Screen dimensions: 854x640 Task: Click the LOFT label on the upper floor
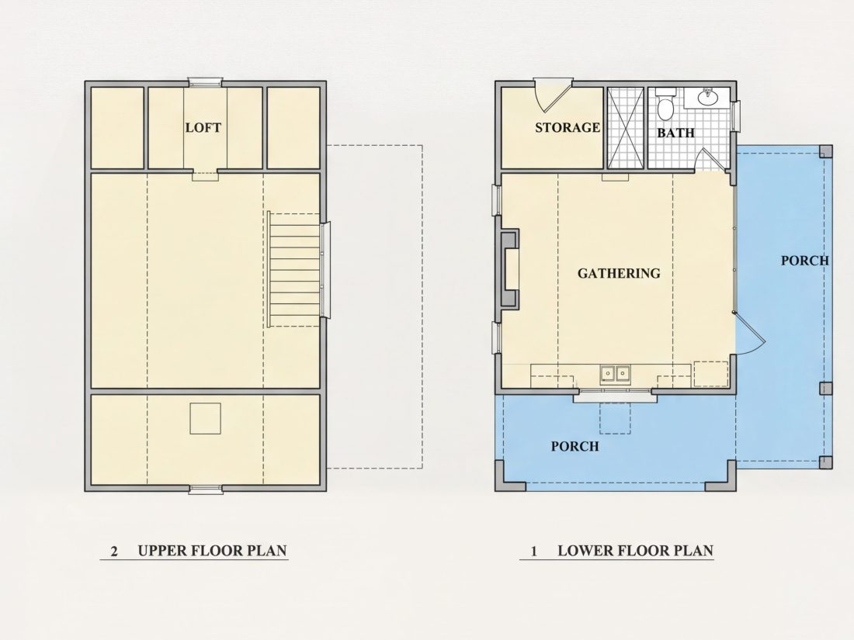coord(203,128)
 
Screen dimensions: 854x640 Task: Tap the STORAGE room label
coord(568,128)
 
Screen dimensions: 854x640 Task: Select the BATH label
coord(675,133)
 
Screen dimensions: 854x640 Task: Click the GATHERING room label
coord(619,273)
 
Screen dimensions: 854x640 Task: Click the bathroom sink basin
coord(707,97)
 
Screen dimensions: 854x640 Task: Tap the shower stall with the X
coord(625,128)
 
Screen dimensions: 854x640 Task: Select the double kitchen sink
coord(616,374)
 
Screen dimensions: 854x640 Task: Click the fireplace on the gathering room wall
coord(509,269)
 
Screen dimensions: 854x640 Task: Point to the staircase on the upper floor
coord(294,269)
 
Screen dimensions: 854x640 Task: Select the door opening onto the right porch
coord(750,333)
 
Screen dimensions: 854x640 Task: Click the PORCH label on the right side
coord(805,261)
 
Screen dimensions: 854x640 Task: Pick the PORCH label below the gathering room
coord(575,447)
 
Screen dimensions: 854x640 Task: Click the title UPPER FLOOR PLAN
coord(213,551)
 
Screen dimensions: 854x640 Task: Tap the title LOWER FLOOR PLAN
coord(636,551)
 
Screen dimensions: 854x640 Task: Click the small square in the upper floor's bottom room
coord(205,418)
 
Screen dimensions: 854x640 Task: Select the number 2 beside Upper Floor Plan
coord(114,552)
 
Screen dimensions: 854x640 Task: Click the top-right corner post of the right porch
coord(826,151)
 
